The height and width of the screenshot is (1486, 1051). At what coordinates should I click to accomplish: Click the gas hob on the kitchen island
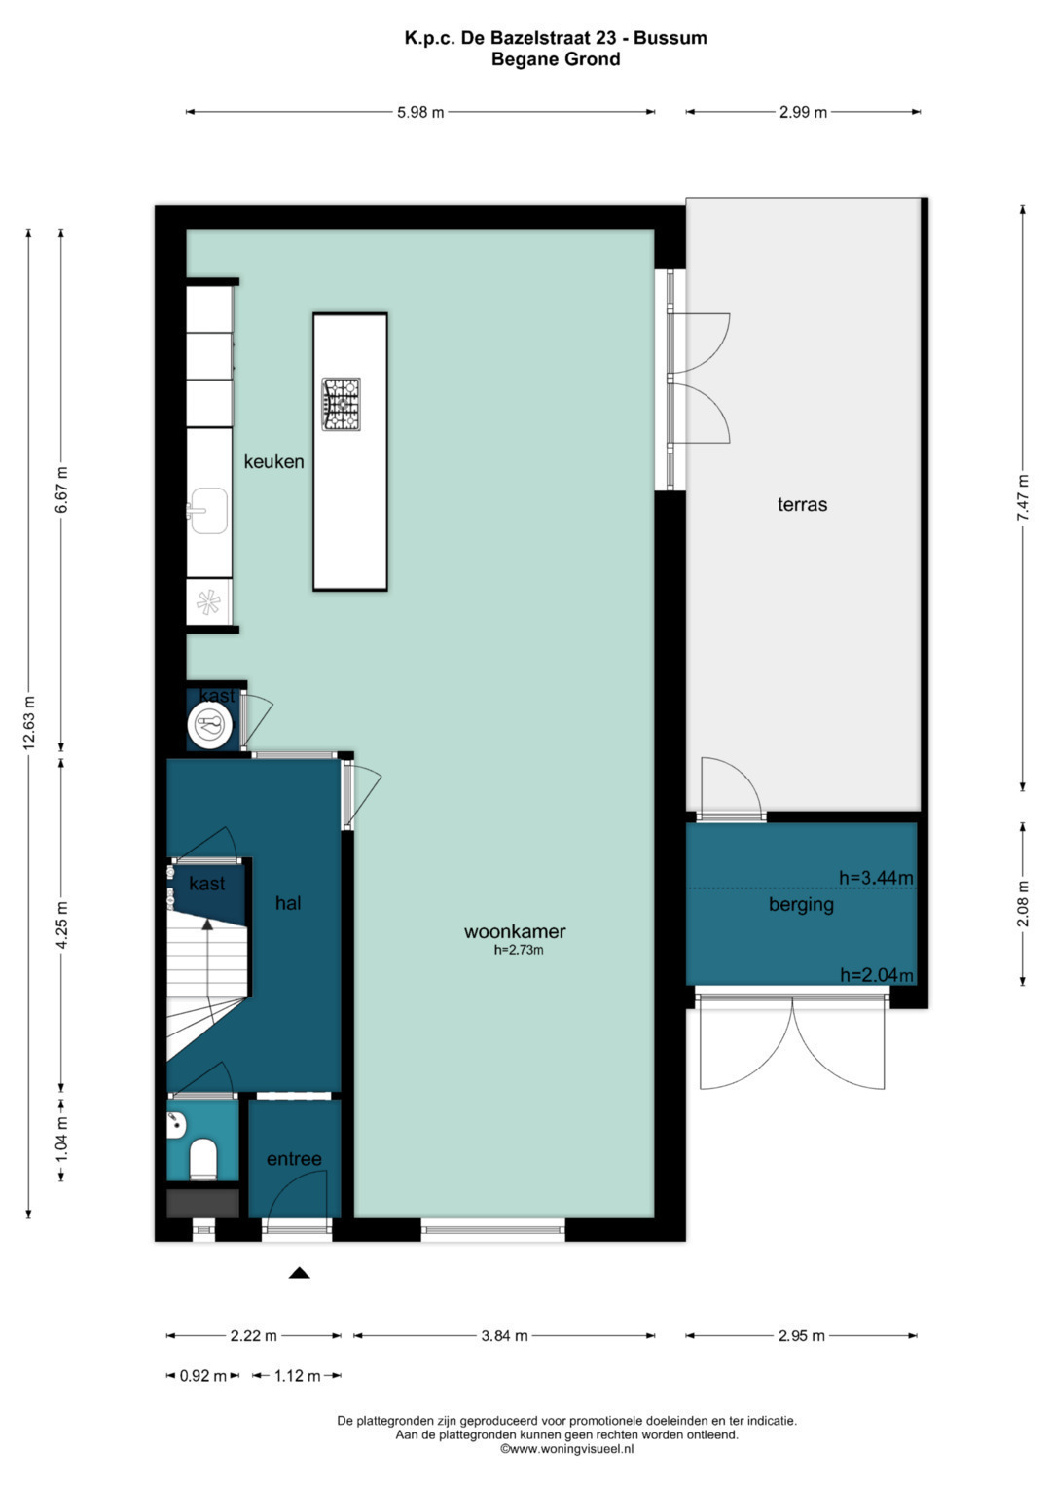click(342, 404)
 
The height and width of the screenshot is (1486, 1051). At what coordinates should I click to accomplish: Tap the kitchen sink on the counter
click(208, 510)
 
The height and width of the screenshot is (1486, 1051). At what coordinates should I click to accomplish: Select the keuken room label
click(273, 462)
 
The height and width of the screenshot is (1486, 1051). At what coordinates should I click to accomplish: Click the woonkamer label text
click(515, 931)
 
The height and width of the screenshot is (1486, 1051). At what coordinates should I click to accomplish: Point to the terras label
click(802, 505)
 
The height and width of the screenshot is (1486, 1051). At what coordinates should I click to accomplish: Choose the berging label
click(801, 904)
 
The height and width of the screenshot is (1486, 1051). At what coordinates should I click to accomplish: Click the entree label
click(294, 1159)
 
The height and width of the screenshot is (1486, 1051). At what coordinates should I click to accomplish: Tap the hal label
click(288, 903)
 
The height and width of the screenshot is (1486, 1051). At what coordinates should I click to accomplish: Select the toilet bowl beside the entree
click(202, 1158)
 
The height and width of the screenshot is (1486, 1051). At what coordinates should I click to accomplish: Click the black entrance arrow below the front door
click(299, 1273)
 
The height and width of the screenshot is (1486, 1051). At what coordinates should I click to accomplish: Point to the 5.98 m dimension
click(420, 112)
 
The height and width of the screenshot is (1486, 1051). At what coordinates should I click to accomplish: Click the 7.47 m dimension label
click(1023, 497)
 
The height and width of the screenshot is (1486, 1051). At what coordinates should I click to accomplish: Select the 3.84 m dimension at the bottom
click(504, 1336)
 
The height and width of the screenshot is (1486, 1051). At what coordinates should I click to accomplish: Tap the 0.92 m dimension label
click(202, 1376)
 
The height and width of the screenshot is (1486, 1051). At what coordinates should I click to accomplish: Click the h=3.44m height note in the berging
click(876, 878)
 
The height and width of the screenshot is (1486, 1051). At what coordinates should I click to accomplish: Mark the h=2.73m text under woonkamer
click(518, 951)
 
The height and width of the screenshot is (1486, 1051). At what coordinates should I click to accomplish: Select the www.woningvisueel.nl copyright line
click(566, 1449)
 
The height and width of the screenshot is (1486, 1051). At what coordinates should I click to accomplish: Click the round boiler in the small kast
click(209, 725)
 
